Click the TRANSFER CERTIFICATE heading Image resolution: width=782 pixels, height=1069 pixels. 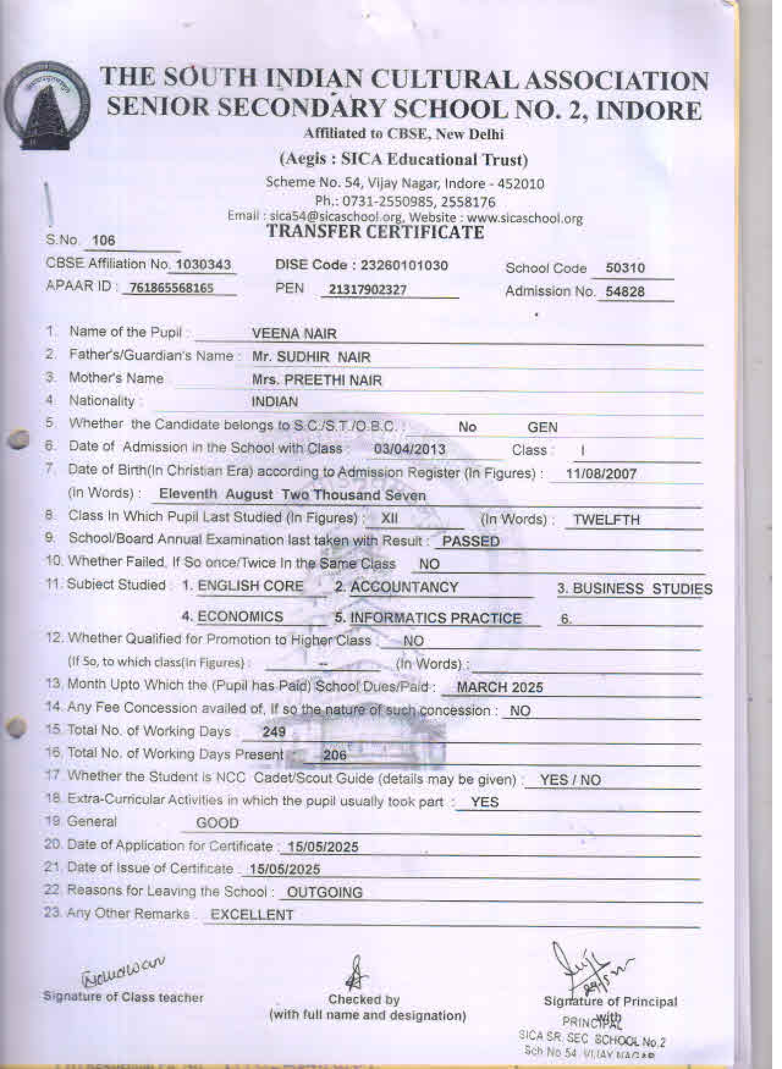coord(375,232)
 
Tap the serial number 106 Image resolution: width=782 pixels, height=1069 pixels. coord(103,240)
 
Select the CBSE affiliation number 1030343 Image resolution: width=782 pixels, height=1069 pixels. coord(203,265)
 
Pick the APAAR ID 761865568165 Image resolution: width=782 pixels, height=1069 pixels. coord(169,288)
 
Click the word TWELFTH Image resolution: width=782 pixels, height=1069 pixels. coord(607,520)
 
